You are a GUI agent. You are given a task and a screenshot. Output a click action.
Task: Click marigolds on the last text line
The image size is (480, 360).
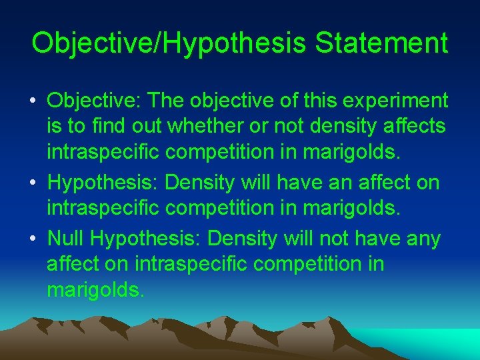(x=95, y=291)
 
